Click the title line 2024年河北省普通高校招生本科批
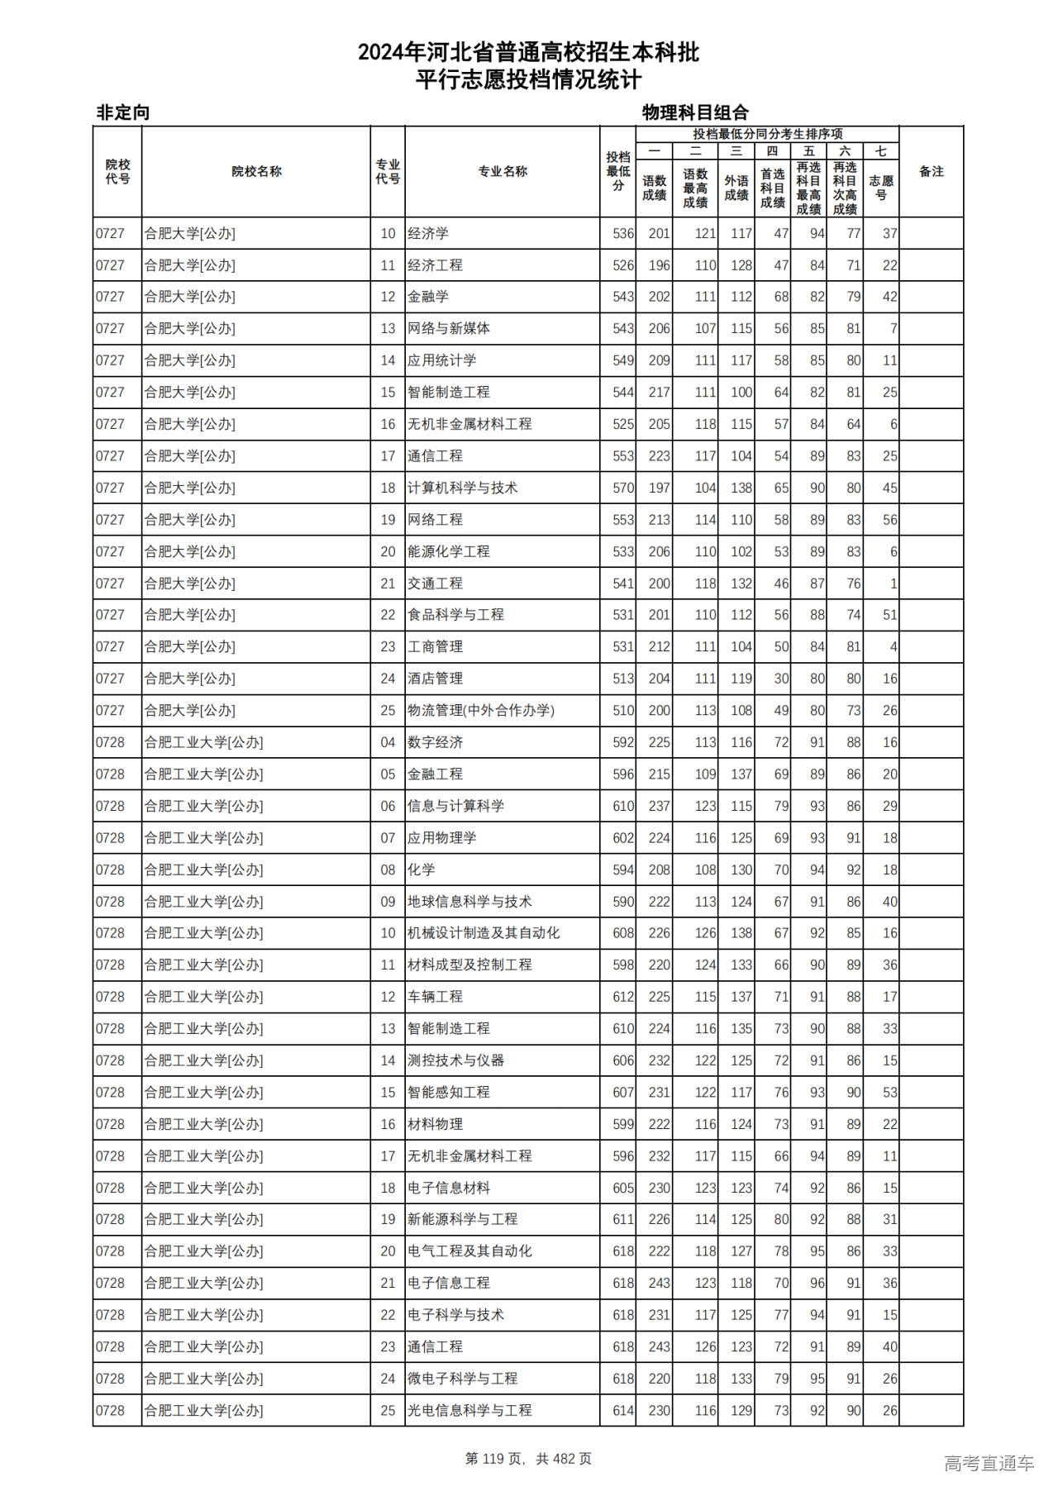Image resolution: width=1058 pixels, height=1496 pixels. coord(528,53)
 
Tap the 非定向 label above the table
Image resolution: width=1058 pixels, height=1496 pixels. coord(123,112)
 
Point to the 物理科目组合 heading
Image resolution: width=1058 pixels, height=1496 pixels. coord(695,112)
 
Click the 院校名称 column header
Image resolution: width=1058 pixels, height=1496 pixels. coord(256,172)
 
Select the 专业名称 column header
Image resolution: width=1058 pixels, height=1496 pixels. coord(503,172)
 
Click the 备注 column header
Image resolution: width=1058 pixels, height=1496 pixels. coord(931,172)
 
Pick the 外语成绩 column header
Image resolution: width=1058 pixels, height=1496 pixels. coord(736,188)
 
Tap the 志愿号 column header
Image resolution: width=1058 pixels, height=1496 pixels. coord(881,188)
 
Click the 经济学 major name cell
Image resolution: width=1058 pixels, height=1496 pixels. coord(428,234)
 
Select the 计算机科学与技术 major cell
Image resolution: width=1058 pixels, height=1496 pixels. coord(462,488)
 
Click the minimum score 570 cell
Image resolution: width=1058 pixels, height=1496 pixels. coord(623,488)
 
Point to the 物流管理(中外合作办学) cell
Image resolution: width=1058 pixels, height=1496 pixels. coord(480,711)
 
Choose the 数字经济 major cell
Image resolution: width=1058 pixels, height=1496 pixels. coord(435,743)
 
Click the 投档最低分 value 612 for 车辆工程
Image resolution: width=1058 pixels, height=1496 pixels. coord(623,998)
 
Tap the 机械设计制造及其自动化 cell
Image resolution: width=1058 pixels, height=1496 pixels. coord(484,933)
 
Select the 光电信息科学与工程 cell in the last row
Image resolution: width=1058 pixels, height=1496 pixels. coord(469,1411)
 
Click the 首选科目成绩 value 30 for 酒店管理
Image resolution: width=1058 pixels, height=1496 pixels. coord(781,679)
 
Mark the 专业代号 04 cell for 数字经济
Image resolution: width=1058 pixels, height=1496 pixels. coord(388,743)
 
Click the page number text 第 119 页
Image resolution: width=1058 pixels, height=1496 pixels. coord(495,1459)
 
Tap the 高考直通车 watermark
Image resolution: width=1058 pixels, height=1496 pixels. coord(989,1463)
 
